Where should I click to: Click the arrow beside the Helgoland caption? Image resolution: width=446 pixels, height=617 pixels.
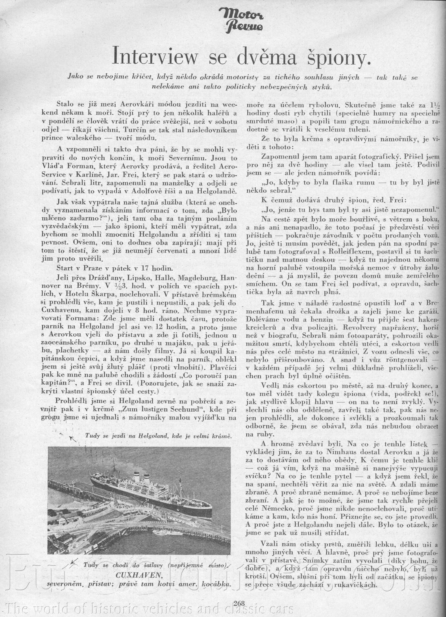coord(73,439)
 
